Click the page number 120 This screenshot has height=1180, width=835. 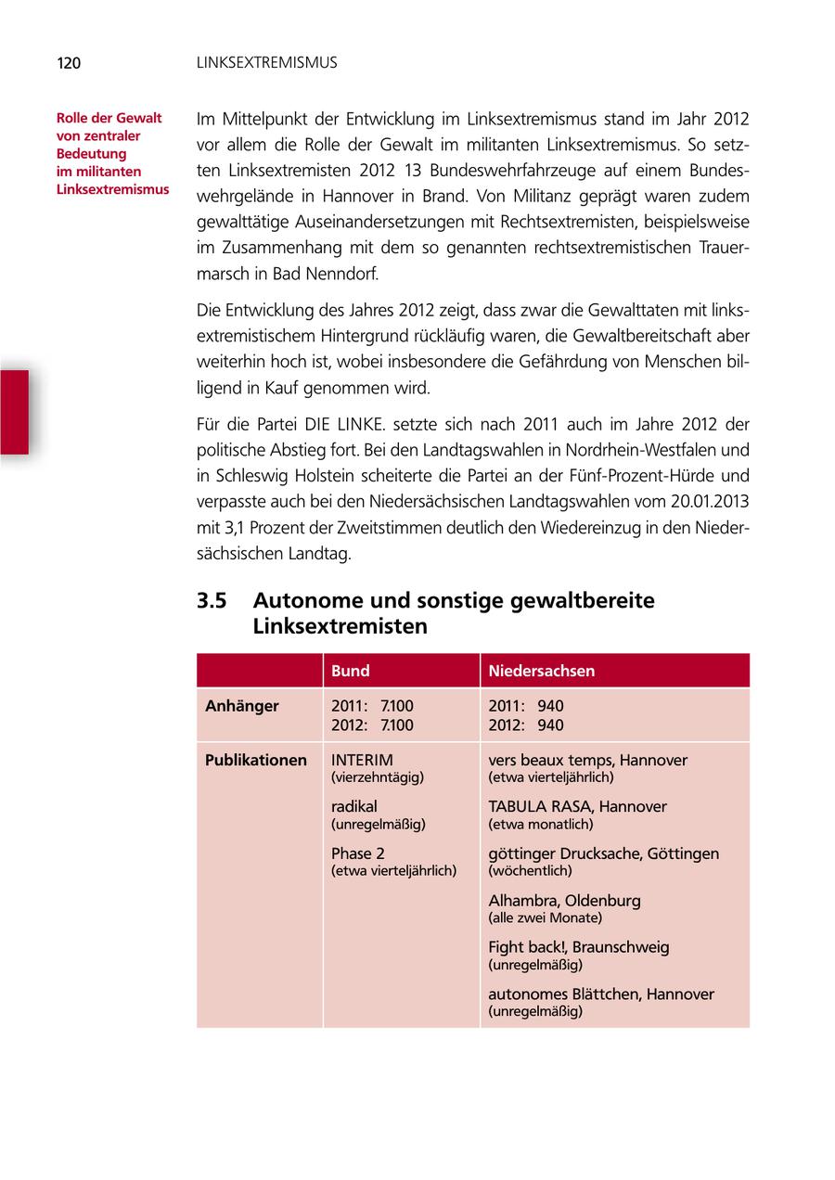tap(69, 63)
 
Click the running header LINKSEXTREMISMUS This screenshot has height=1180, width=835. tap(267, 63)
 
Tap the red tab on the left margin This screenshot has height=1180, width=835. tap(14, 412)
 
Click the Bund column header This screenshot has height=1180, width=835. tap(351, 671)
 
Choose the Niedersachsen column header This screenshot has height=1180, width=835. tap(542, 671)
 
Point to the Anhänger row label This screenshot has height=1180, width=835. tap(242, 706)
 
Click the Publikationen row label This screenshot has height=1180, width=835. tap(256, 761)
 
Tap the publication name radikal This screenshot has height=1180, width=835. tap(354, 807)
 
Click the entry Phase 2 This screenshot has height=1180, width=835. tap(358, 853)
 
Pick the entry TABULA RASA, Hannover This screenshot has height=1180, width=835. tap(577, 807)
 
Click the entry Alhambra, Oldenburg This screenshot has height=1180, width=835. tap(564, 901)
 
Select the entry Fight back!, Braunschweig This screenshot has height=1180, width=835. tap(579, 947)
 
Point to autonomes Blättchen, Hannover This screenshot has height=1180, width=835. tap(601, 994)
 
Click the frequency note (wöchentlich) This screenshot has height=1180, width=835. tap(530, 871)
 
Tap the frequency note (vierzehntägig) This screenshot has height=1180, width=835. tap(378, 777)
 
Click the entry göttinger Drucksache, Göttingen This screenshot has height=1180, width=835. tap(603, 853)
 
